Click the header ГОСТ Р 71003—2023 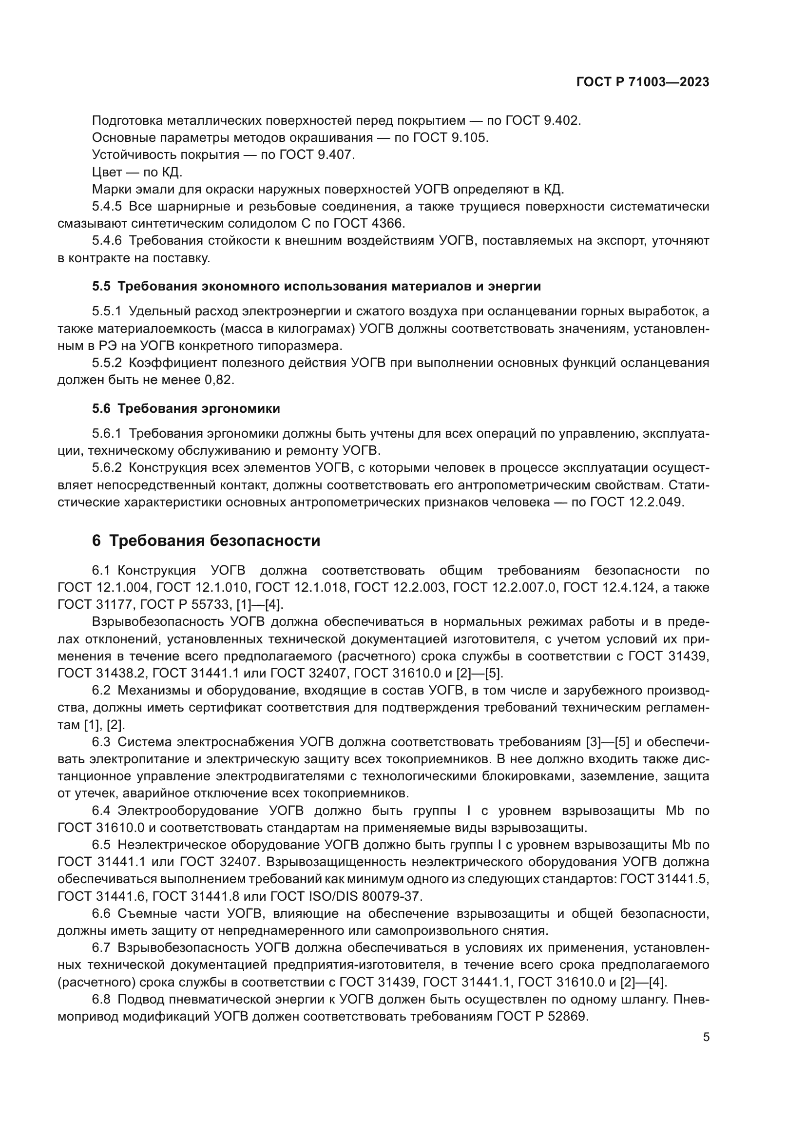(643, 82)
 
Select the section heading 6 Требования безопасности (206, 541)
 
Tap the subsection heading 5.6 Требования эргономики (186, 408)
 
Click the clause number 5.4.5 (107, 207)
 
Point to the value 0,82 (219, 380)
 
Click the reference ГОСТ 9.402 (543, 121)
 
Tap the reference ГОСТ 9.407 (318, 155)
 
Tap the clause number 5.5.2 (107, 363)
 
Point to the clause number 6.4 (102, 811)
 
